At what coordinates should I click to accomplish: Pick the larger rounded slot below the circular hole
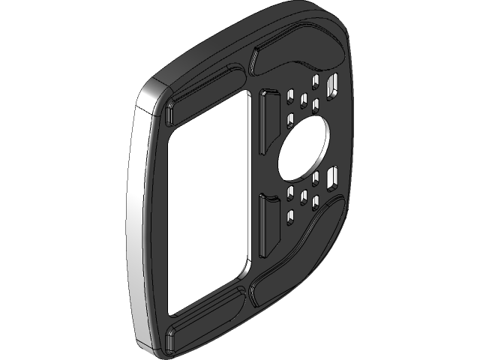331,177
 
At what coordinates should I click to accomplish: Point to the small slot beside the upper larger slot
316,81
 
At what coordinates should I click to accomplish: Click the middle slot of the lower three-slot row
304,198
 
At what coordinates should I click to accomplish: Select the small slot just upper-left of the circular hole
291,118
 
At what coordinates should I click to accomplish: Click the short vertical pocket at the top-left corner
169,112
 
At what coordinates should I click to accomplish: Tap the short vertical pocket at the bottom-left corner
169,339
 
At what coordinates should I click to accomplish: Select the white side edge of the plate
135,225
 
